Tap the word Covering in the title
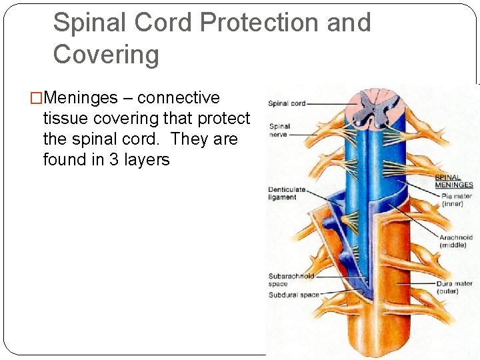tap(106, 54)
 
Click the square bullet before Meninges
tap(36, 98)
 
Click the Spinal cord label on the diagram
tap(287, 103)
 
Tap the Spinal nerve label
tap(279, 130)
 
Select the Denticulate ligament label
tap(287, 193)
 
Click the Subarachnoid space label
tap(291, 280)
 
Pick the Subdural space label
tap(293, 295)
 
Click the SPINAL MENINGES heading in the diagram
tap(454, 181)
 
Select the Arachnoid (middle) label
tap(456, 241)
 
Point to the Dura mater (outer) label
tap(455, 287)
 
